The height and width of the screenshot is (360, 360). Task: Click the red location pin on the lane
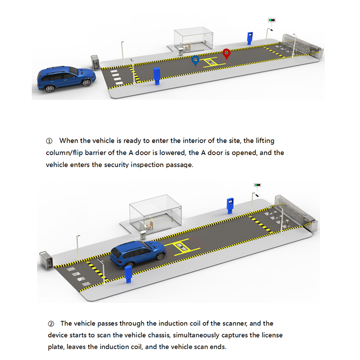click(x=226, y=53)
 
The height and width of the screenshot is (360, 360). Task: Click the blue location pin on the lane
click(x=195, y=60)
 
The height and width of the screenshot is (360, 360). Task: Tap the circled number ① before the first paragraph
click(x=49, y=141)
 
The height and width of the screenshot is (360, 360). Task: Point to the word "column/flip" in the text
click(x=65, y=153)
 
